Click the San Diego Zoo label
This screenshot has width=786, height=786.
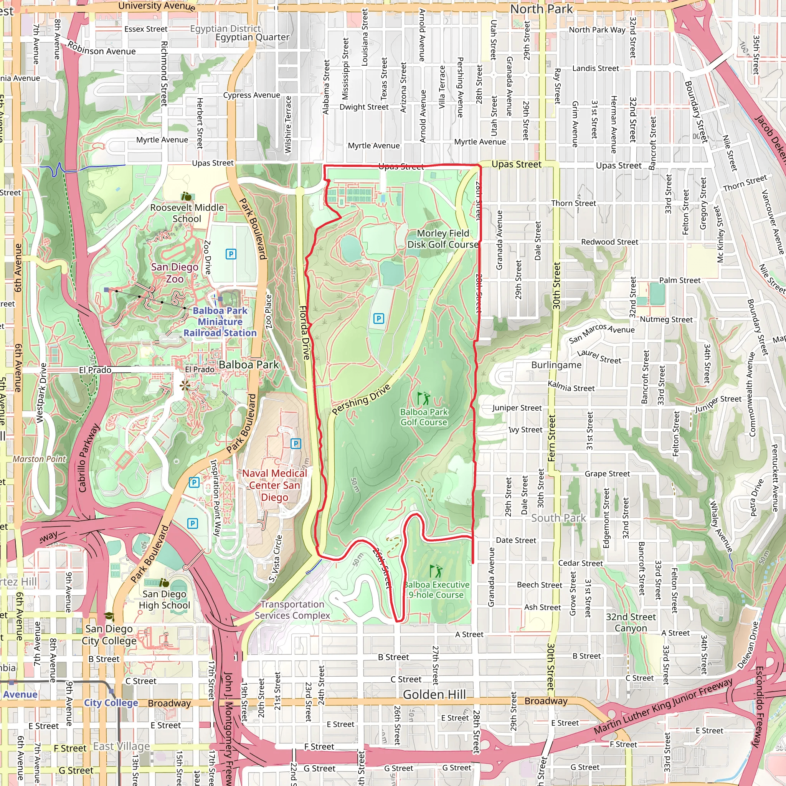click(x=175, y=273)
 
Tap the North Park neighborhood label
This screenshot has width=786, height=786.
click(x=541, y=9)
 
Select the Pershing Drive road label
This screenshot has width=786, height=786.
click(x=361, y=400)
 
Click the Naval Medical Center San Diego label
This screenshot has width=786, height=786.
click(x=275, y=485)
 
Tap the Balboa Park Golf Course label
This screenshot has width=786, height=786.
click(x=424, y=417)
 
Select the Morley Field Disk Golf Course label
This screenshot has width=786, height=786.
click(x=443, y=239)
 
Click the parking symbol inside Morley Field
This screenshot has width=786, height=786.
click(x=378, y=319)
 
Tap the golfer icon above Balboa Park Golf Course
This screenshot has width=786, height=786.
click(x=423, y=398)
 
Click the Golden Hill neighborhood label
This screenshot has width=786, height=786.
click(x=434, y=694)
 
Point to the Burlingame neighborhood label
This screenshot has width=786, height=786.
click(x=556, y=365)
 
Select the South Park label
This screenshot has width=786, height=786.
click(x=558, y=518)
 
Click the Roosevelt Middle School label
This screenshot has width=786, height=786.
click(x=187, y=213)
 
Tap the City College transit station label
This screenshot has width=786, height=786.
click(x=111, y=703)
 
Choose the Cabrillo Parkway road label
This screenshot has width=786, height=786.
click(x=89, y=458)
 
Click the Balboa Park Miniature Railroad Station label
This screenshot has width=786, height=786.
click(x=220, y=321)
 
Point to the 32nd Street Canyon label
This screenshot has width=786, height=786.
click(x=631, y=622)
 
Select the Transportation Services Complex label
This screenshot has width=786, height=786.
click(x=292, y=610)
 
